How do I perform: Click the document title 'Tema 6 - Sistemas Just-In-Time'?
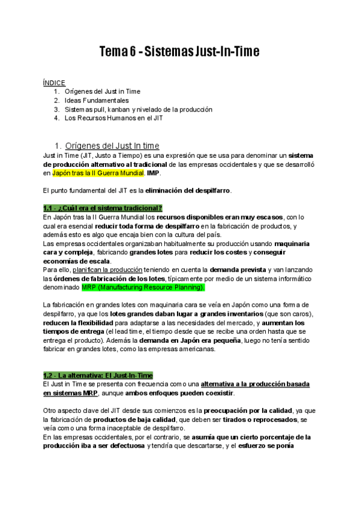[179, 52]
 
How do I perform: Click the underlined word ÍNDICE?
[54, 82]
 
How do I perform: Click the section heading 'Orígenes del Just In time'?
[112, 146]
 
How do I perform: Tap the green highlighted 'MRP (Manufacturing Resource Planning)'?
[143, 288]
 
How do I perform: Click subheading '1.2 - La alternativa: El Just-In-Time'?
[98, 375]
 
